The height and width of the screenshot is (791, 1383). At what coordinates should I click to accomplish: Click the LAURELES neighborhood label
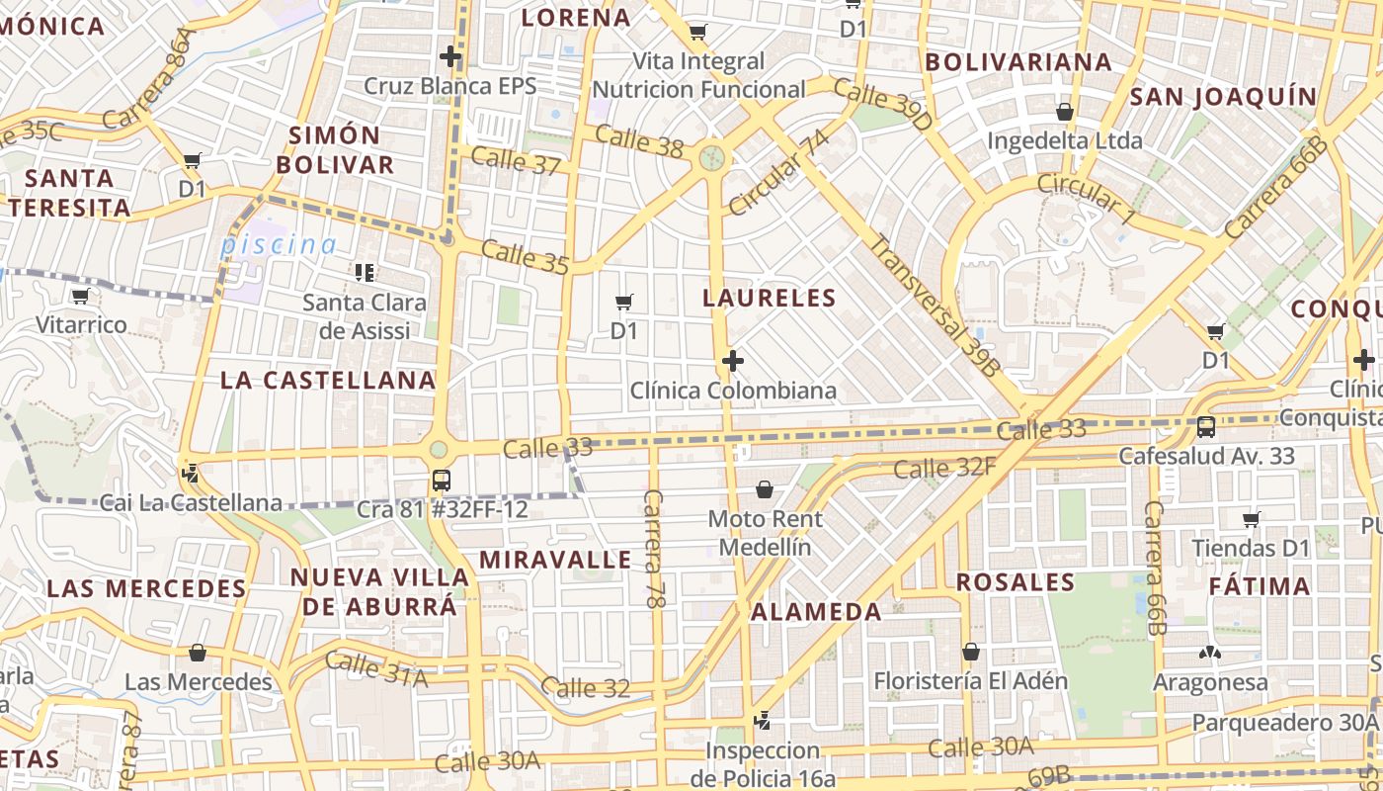(x=770, y=298)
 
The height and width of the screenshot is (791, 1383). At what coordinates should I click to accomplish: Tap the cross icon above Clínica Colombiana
(x=732, y=361)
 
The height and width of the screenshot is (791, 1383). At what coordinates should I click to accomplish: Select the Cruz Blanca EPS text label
(x=450, y=86)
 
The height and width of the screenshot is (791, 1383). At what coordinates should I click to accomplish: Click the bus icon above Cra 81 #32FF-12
(x=441, y=481)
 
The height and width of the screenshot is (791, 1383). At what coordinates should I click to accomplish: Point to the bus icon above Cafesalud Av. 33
(x=1206, y=427)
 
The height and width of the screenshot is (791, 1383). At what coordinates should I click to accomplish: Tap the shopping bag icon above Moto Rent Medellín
(x=764, y=489)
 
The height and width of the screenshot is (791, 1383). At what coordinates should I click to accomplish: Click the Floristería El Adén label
(x=971, y=681)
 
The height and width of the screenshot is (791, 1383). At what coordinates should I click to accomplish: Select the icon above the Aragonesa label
(x=1209, y=653)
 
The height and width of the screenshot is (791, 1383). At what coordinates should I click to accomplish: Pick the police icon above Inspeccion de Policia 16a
(x=762, y=721)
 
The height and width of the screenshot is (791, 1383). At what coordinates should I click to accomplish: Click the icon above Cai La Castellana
(x=190, y=474)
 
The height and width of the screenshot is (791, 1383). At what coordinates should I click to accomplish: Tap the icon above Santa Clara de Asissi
(x=365, y=272)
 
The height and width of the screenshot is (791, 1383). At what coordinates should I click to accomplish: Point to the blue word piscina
(x=279, y=244)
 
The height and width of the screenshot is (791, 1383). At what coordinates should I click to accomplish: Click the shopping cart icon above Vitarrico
(x=81, y=296)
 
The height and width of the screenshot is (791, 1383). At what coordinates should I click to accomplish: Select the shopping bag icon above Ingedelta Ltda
(x=1065, y=112)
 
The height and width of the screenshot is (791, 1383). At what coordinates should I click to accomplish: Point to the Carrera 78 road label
(x=655, y=548)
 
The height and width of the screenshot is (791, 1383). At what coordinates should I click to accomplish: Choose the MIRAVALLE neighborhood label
(x=555, y=560)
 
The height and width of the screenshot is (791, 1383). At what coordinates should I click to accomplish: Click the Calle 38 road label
(x=639, y=141)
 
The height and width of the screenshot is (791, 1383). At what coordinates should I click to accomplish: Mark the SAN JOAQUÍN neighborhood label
(x=1223, y=97)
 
